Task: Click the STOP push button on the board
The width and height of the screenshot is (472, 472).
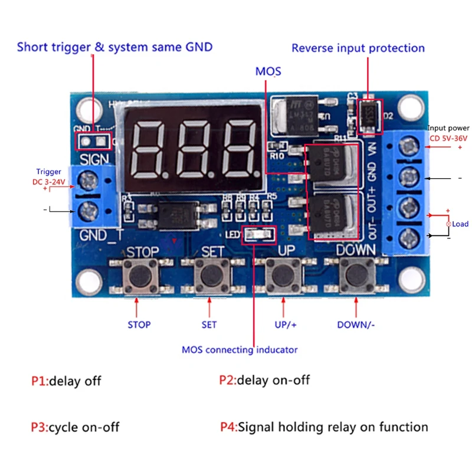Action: coord(140,274)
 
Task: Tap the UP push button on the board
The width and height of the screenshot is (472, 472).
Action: coord(283,274)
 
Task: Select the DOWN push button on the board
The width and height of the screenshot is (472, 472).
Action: coord(356,274)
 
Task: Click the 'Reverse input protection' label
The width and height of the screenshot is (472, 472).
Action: coord(358,48)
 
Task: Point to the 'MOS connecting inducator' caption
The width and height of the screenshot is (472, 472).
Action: coord(240,350)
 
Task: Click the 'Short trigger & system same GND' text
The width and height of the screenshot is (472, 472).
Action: coord(114,47)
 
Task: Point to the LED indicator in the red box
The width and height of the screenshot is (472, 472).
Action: coord(260,235)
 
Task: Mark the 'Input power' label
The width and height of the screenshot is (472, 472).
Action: coord(448,128)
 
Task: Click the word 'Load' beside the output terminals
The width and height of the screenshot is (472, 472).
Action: coord(460,224)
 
